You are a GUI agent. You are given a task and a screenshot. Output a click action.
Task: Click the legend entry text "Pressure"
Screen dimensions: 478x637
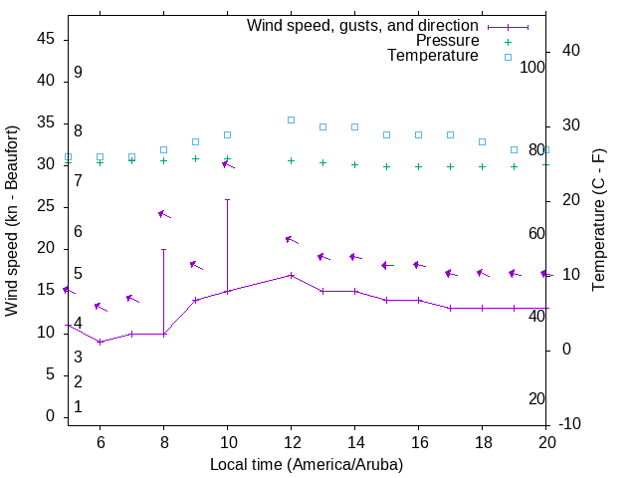pyautogui.click(x=447, y=41)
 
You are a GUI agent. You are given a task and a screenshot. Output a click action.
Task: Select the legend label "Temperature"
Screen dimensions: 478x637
pyautogui.click(x=433, y=56)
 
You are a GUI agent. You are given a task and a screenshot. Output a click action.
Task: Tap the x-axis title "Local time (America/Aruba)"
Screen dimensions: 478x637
pyautogui.click(x=307, y=464)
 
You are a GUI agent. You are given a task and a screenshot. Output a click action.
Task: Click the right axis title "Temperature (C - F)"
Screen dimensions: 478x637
pyautogui.click(x=599, y=221)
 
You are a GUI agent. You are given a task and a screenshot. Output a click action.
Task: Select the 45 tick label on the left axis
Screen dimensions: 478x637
pyautogui.click(x=46, y=39)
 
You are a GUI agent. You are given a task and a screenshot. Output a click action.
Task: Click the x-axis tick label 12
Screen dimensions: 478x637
pyautogui.click(x=291, y=442)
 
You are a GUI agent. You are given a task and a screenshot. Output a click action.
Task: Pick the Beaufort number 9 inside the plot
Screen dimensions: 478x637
pyautogui.click(x=78, y=73)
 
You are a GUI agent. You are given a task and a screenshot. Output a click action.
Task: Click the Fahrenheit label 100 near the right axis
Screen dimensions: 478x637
pyautogui.click(x=533, y=67)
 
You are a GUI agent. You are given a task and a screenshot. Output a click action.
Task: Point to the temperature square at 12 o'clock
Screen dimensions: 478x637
pyautogui.click(x=291, y=119)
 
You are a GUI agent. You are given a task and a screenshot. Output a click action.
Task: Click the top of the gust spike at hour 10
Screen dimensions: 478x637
pyautogui.click(x=227, y=199)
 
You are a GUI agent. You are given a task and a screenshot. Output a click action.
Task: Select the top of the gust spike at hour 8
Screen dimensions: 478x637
pyautogui.click(x=163, y=249)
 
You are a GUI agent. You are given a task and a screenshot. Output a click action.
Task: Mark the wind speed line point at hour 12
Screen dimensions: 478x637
pyautogui.click(x=291, y=275)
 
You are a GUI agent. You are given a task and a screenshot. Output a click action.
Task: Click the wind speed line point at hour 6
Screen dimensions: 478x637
pyautogui.click(x=100, y=342)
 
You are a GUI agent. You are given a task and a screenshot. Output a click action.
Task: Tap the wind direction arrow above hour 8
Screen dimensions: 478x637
pyautogui.click(x=165, y=214)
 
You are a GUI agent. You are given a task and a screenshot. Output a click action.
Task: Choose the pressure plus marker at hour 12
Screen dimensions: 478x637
pyautogui.click(x=291, y=160)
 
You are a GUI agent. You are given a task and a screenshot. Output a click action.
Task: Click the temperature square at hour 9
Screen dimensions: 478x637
pyautogui.click(x=195, y=141)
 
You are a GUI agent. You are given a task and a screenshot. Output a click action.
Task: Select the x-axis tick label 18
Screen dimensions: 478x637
pyautogui.click(x=482, y=442)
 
